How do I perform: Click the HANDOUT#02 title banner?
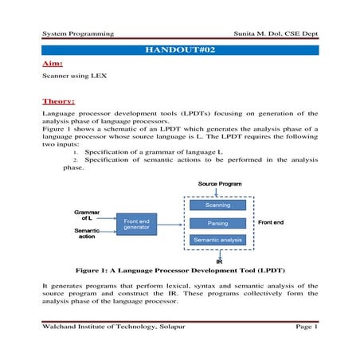(180, 50)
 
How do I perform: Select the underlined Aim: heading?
(53, 63)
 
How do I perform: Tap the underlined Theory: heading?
(59, 101)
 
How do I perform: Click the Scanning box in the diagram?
(217, 206)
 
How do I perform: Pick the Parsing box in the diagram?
(217, 223)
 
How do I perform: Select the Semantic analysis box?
(217, 239)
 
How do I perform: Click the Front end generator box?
(136, 223)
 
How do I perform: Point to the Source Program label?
(219, 184)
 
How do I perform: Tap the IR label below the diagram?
(218, 260)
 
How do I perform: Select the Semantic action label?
(87, 233)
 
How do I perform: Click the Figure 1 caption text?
(180, 270)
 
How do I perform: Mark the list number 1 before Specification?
(74, 151)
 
